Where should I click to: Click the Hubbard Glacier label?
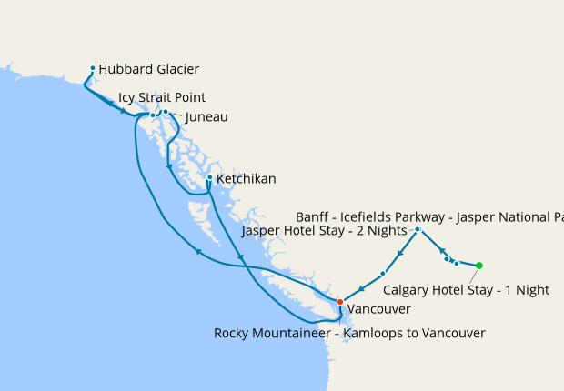(x=148, y=69)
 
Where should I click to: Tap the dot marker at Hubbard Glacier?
(x=93, y=68)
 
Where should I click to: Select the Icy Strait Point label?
(x=162, y=97)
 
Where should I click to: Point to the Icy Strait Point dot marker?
(x=153, y=115)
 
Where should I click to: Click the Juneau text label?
(x=206, y=117)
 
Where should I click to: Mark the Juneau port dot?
(x=166, y=111)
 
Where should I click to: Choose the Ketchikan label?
(x=246, y=179)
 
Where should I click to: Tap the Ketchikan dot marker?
(x=209, y=178)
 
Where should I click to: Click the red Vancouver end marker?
(x=340, y=302)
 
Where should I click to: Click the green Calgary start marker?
(x=479, y=266)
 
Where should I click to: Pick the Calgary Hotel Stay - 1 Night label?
(x=466, y=290)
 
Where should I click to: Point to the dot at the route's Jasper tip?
(x=417, y=229)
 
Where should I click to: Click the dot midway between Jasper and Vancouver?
(x=383, y=273)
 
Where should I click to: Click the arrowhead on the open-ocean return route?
(x=198, y=252)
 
